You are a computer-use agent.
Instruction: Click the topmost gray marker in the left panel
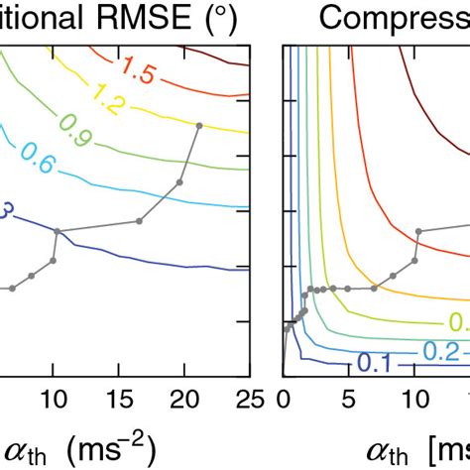click(199, 126)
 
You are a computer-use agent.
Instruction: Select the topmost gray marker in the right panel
click(418, 231)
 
